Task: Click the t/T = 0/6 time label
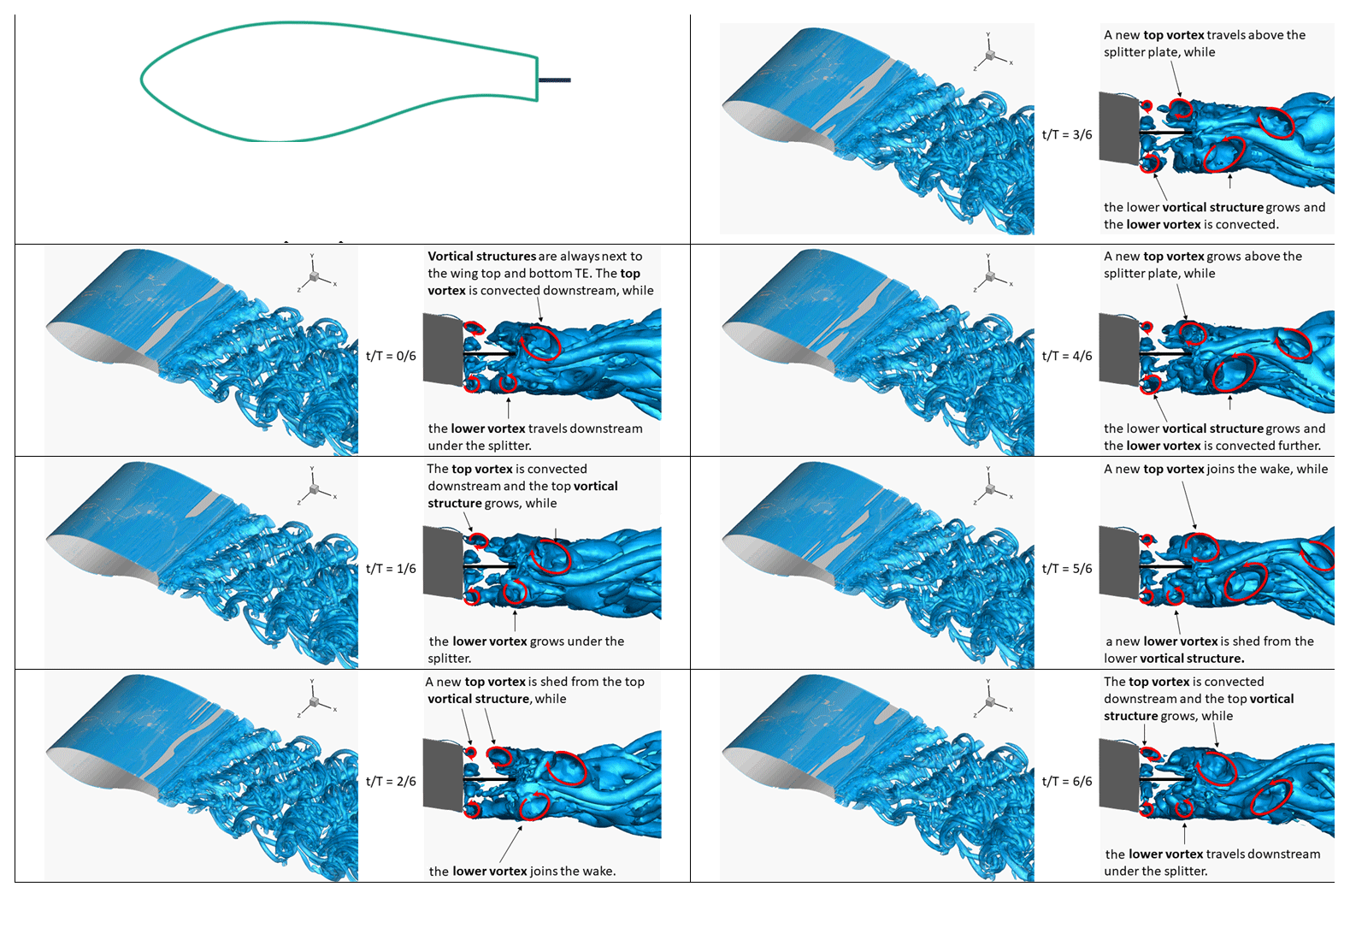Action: pyautogui.click(x=391, y=356)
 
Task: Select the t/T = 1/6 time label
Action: pyautogui.click(x=391, y=569)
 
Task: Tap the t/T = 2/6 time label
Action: pyautogui.click(x=391, y=782)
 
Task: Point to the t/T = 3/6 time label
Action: pyautogui.click(x=1067, y=135)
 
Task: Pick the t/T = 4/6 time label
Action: pyautogui.click(x=1067, y=356)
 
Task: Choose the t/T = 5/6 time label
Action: pyautogui.click(x=1067, y=569)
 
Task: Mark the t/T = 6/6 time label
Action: pyautogui.click(x=1067, y=782)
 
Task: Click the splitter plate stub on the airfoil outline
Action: pyautogui.click(x=554, y=80)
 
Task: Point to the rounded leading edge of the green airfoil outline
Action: pyautogui.click(x=143, y=80)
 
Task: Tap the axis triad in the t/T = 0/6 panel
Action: pyautogui.click(x=315, y=276)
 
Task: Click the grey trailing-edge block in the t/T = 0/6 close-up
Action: pyautogui.click(x=443, y=349)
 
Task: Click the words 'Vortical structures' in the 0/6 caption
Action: pyautogui.click(x=482, y=257)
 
